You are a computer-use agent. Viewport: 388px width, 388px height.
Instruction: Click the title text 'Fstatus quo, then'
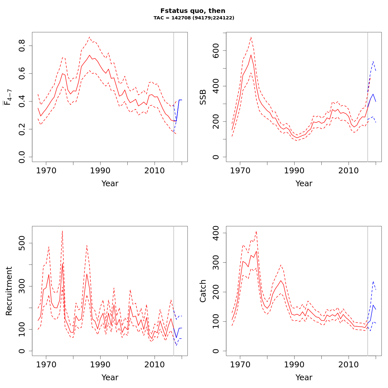193,11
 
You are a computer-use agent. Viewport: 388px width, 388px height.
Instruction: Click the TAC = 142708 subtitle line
194,18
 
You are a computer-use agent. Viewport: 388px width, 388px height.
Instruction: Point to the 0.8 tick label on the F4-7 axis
22,46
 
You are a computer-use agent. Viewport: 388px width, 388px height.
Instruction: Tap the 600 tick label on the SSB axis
216,51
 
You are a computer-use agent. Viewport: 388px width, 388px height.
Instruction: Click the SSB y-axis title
203,97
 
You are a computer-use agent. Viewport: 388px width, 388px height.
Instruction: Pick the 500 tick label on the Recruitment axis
22,243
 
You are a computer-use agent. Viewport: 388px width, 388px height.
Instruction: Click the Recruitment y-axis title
9,291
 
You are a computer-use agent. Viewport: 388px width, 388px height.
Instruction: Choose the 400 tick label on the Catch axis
216,233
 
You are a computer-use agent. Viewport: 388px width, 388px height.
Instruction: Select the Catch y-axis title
203,291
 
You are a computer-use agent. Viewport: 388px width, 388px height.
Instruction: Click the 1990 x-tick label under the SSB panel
294,170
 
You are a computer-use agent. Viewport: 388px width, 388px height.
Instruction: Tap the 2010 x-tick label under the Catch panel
349,364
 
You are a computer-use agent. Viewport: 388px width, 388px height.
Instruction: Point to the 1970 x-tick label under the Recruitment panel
46,364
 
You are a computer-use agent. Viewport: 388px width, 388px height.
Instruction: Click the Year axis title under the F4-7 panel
110,184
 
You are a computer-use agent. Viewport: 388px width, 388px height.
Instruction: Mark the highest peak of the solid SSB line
251,55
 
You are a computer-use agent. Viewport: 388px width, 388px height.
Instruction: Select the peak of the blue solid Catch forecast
373,305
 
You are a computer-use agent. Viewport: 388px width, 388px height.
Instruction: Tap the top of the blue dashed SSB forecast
373,61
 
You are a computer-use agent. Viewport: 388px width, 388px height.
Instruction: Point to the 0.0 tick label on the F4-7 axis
22,157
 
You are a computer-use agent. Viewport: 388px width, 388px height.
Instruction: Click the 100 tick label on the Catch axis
216,321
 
